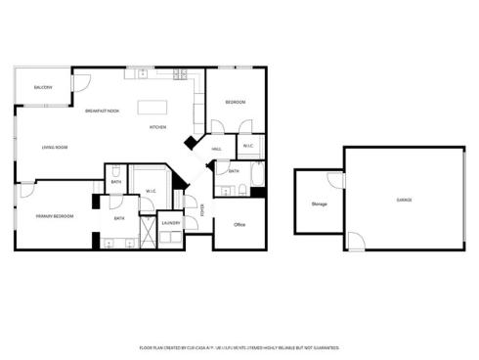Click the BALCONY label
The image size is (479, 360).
[x=43, y=88]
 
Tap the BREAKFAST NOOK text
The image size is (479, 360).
[x=102, y=111]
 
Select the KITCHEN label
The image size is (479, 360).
[x=158, y=127]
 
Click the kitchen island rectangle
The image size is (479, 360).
[x=152, y=107]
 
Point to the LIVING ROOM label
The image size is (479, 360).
[x=55, y=148]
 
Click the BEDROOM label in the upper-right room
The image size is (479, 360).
[x=235, y=103]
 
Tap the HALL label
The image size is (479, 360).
[x=217, y=149]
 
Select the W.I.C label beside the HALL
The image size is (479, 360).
[x=248, y=147]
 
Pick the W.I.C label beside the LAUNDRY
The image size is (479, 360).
[x=152, y=191]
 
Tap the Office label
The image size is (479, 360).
[x=239, y=225]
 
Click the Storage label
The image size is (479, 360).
[x=319, y=203]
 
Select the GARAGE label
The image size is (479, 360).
[x=403, y=200]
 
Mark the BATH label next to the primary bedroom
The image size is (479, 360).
[x=119, y=218]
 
